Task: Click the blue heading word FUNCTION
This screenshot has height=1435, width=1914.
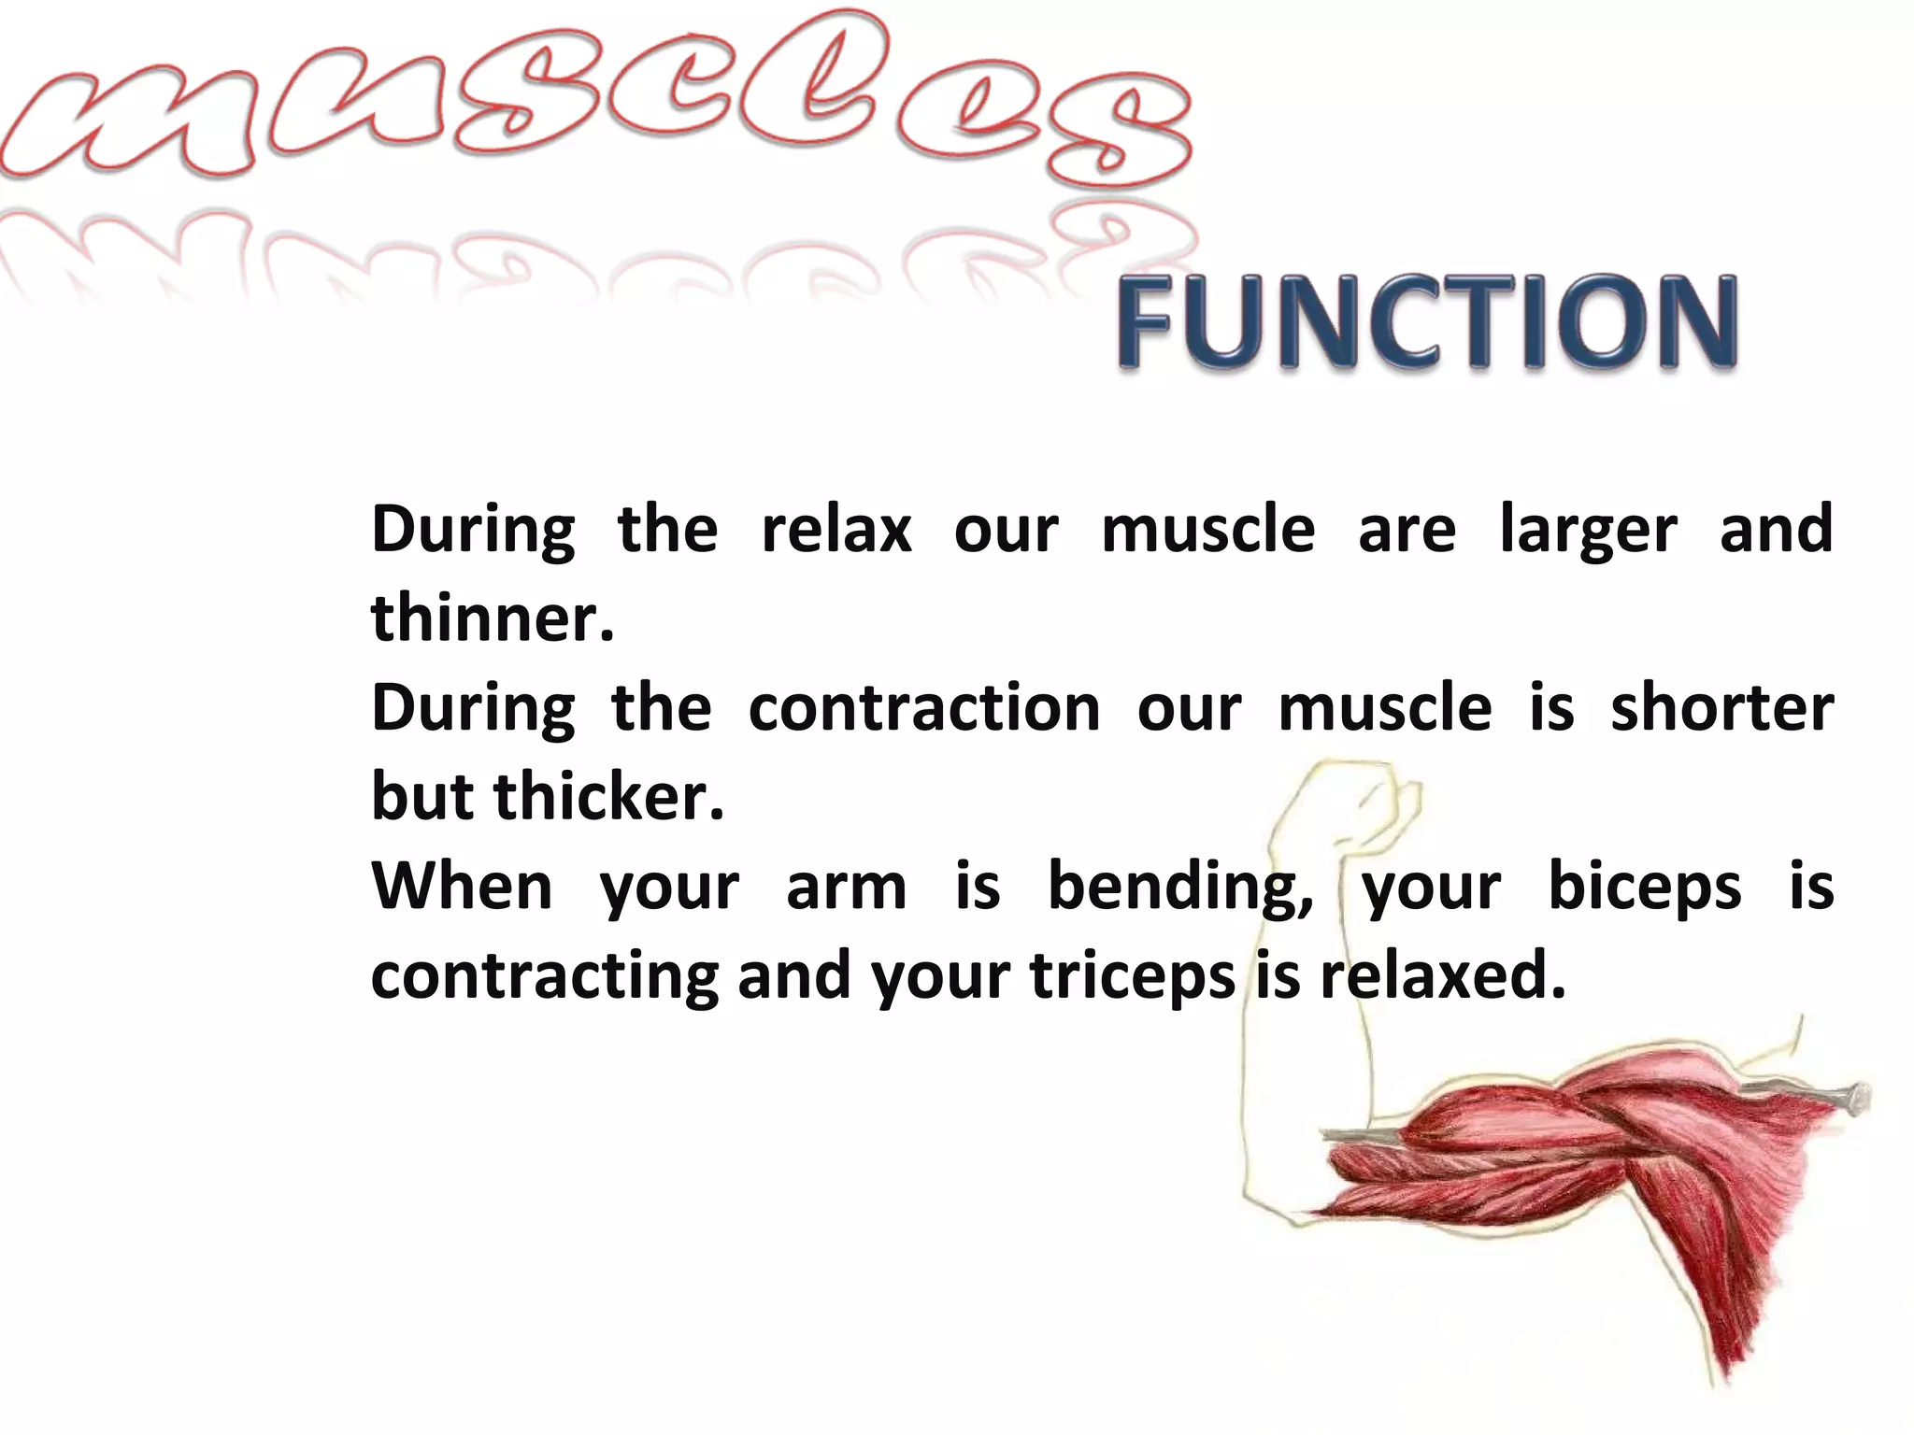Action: coord(1426,321)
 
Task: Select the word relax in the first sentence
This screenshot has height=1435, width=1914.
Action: coord(836,530)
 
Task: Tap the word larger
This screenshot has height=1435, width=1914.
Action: coord(1588,530)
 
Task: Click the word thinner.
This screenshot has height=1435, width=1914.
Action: coord(492,618)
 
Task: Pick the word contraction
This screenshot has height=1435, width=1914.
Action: coord(924,708)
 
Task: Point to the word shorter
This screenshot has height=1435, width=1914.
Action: coord(1721,708)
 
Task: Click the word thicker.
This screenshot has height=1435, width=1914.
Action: coord(608,797)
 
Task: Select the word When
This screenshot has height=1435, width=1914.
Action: coord(462,887)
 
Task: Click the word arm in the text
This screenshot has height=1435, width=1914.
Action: coord(846,887)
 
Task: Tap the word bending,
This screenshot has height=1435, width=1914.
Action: coord(1180,887)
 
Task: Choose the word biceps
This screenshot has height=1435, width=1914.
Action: coord(1645,887)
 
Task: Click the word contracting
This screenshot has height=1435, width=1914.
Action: coord(544,975)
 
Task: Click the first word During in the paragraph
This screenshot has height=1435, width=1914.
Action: coord(473,530)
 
